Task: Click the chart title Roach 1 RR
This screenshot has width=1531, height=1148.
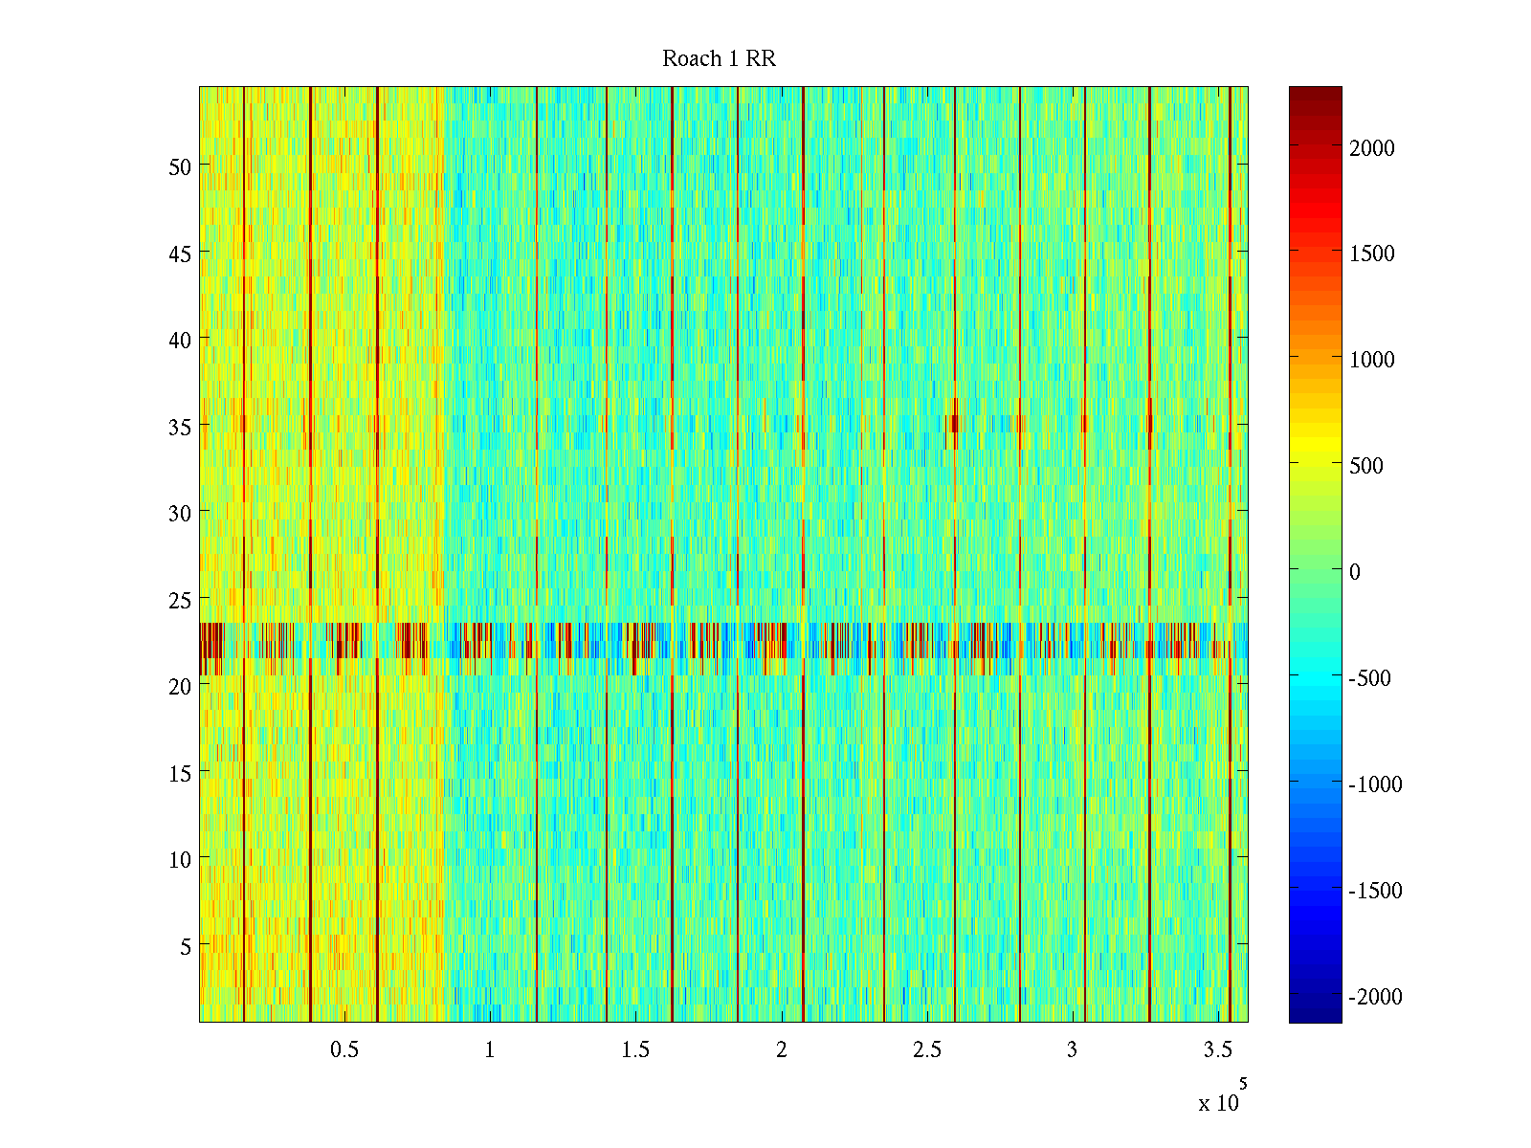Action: [719, 59]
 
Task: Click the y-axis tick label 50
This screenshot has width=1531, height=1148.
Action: [180, 166]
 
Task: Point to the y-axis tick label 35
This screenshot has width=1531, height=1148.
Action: [180, 427]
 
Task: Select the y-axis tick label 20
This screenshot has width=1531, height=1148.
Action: [180, 686]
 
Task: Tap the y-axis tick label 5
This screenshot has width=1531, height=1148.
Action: [186, 946]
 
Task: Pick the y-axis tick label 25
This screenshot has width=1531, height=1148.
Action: [180, 600]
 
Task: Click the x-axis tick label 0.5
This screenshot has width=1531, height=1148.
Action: [344, 1050]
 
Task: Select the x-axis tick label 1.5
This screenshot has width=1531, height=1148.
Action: [635, 1050]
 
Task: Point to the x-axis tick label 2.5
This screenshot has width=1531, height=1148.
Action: [927, 1050]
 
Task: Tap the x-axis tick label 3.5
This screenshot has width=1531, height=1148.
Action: [1218, 1050]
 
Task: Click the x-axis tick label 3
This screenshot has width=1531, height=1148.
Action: [1072, 1050]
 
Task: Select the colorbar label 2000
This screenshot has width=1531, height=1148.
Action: [1372, 148]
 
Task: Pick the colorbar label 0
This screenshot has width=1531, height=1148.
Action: [1355, 572]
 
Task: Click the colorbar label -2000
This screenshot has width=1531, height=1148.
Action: [1376, 997]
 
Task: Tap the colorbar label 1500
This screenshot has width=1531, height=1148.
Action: [1372, 254]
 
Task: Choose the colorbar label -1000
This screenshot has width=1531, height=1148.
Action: [1376, 784]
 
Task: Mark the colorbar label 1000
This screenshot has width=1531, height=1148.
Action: [1372, 360]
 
